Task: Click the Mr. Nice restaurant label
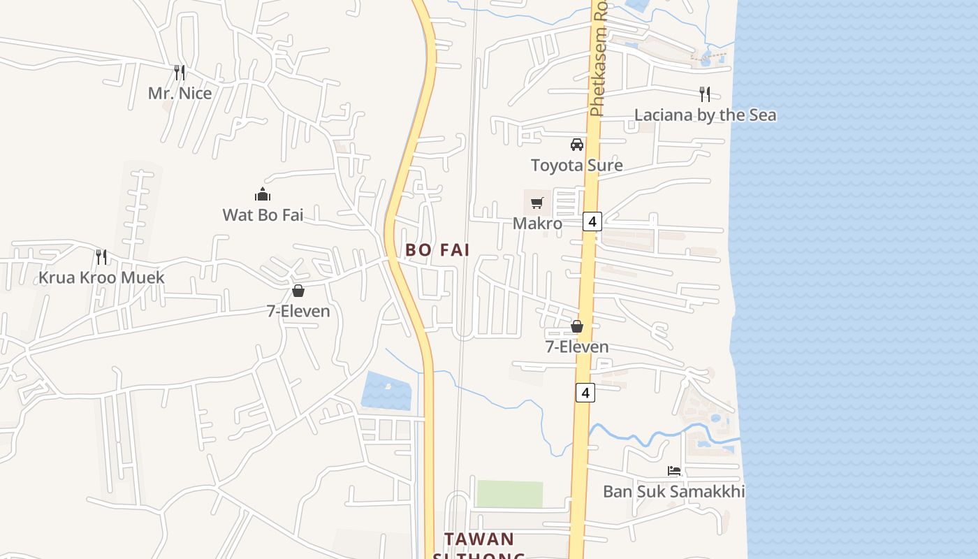(180, 93)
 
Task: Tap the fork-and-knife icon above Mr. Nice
(180, 72)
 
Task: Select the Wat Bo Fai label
(263, 215)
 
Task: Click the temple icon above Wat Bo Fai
(263, 194)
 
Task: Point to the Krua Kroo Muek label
(101, 277)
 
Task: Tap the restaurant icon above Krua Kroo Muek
(101, 256)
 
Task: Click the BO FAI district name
(437, 249)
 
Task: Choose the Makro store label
(537, 224)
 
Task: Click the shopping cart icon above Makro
(537, 203)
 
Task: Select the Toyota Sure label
(576, 166)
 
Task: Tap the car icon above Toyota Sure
(576, 145)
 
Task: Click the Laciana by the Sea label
(705, 115)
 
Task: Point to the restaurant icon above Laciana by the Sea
(705, 94)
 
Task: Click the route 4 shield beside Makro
(592, 222)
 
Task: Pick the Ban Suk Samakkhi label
(673, 492)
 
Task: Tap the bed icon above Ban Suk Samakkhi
(673, 471)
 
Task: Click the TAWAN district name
(479, 539)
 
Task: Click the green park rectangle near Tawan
(509, 494)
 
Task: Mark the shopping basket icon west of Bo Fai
(298, 291)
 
